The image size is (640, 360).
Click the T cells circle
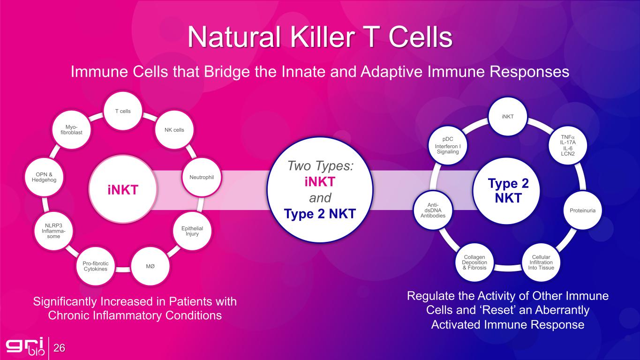coord(123,111)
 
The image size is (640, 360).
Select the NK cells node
coord(174,130)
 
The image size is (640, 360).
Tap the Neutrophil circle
coord(202,177)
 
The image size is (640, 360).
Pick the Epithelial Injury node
coord(192,231)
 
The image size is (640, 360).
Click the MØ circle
coord(151,266)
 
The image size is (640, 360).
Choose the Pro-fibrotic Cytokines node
coord(96,266)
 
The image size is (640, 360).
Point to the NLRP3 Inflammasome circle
coord(54,231)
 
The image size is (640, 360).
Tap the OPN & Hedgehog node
coord(44,177)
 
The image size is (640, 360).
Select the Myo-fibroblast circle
coord(71,130)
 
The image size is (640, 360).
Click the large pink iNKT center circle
coord(123,189)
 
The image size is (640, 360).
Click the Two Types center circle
coord(320,190)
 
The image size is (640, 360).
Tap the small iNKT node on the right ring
coord(508,116)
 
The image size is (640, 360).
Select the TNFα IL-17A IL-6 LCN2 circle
coord(568,145)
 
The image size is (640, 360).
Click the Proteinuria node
coord(583,210)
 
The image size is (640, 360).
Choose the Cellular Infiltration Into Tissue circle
coord(541,262)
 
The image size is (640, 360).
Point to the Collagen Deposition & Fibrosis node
coord(474,262)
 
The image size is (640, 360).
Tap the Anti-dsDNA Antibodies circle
coord(433,210)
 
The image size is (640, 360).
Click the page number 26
coord(59,348)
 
